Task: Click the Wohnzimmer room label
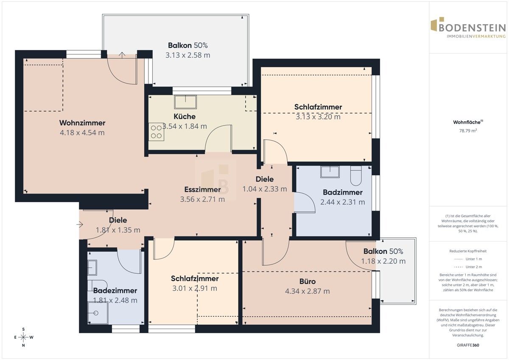[x=82, y=123]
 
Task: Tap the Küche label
[x=185, y=116]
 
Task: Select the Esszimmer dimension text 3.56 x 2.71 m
[x=202, y=199]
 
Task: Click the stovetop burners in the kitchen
[x=157, y=132]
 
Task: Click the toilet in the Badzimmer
[x=356, y=176]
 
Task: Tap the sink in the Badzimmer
[x=330, y=172]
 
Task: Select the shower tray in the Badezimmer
[x=98, y=313]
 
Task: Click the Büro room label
[x=308, y=281]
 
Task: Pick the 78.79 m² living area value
[x=468, y=131]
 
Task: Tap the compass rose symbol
[x=23, y=337]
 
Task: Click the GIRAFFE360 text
[x=468, y=345]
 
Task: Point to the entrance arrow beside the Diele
[x=80, y=225]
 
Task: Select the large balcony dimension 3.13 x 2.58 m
[x=187, y=55]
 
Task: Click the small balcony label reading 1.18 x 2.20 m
[x=383, y=261]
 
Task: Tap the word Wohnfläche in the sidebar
[x=467, y=122]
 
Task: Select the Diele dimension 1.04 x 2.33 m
[x=265, y=189]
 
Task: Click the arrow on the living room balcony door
[x=122, y=55]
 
